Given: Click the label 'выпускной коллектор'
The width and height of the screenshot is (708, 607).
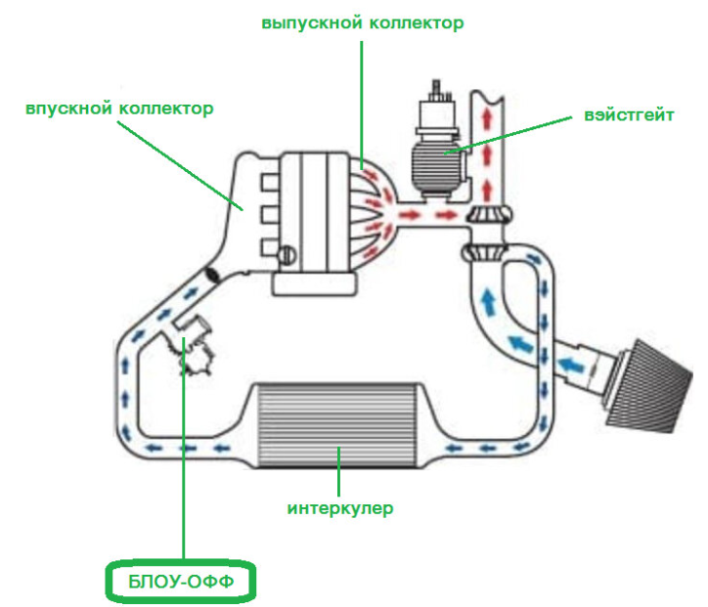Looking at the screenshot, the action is (363, 22).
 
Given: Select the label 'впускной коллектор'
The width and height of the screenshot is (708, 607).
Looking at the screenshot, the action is (119, 108).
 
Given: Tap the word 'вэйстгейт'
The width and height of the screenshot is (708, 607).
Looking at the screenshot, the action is (629, 115).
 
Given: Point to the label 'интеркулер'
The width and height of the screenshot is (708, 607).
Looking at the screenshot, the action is (340, 508).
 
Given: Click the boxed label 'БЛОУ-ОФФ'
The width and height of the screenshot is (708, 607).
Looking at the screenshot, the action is (181, 582).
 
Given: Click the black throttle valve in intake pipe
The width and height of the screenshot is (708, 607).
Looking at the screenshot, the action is (211, 275).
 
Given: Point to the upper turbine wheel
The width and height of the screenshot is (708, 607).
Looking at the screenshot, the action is (490, 214).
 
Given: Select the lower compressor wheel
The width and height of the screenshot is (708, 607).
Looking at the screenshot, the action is (484, 252).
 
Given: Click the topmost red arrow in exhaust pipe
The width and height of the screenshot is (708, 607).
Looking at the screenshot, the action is (486, 119).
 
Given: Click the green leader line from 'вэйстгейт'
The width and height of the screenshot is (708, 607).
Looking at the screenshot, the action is (508, 136).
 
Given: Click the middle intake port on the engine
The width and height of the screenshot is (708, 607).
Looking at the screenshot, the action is (270, 215).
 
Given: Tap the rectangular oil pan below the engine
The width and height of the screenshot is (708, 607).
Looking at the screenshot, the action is (314, 283).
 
